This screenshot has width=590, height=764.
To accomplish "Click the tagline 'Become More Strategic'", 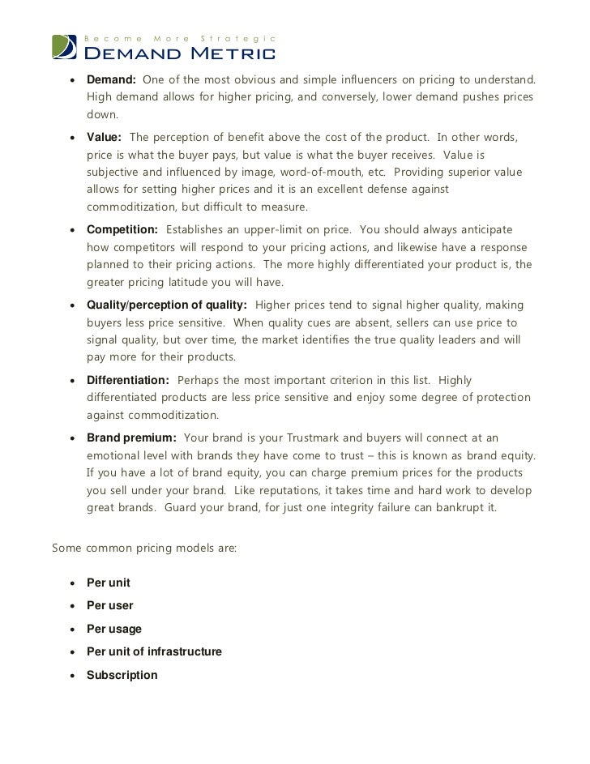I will pyautogui.click(x=182, y=39).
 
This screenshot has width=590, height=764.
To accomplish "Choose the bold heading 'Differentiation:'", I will pyautogui.click(x=128, y=380).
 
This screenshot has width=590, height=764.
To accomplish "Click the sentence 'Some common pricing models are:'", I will pyautogui.click(x=144, y=547).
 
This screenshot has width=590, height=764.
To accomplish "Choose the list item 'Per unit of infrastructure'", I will pyautogui.click(x=154, y=651).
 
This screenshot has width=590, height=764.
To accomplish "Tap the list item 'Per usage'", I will pyautogui.click(x=114, y=628).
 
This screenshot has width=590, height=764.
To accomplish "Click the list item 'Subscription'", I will pyautogui.click(x=122, y=674).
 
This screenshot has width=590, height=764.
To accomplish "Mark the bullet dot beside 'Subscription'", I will pyautogui.click(x=73, y=675).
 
